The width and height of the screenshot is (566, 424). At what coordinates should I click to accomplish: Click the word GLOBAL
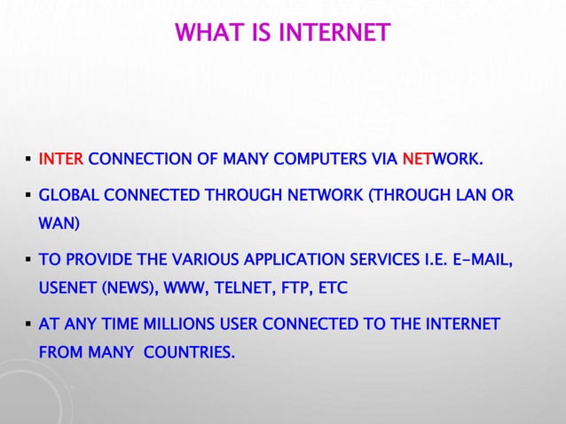click(67, 195)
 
